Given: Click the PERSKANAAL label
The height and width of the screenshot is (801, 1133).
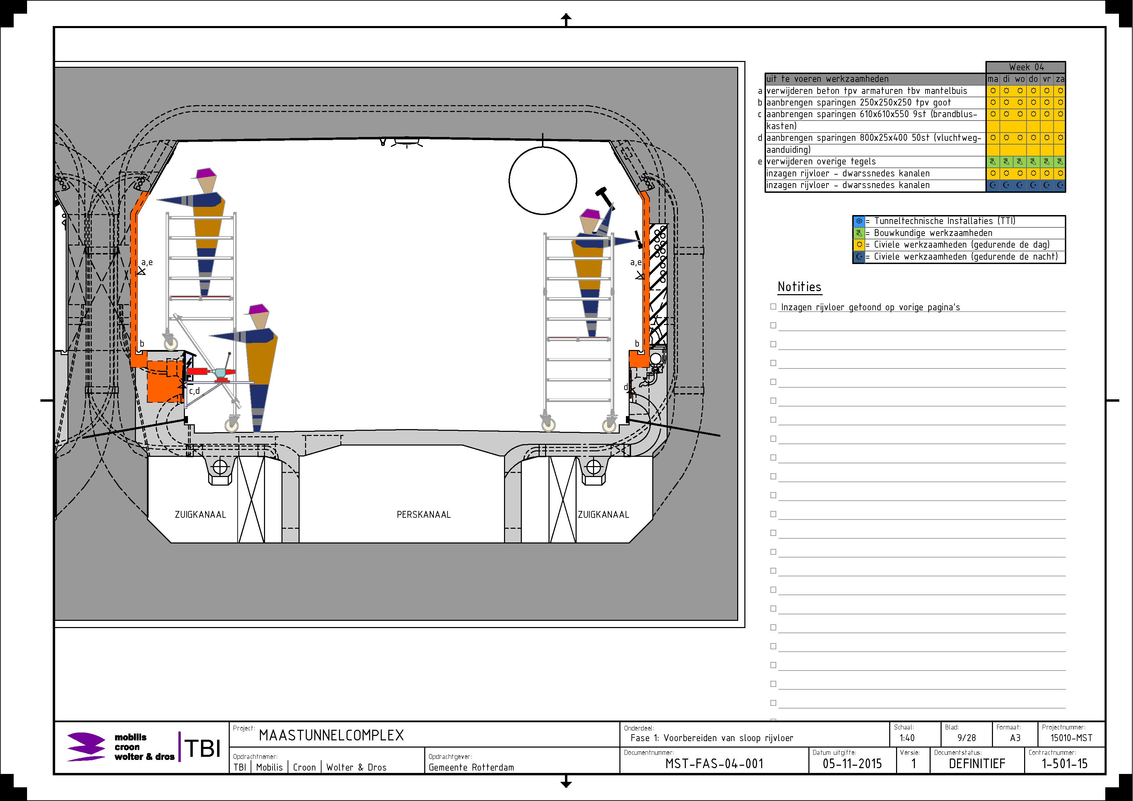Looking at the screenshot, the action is [x=424, y=515].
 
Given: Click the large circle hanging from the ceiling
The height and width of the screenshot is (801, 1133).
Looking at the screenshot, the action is [x=543, y=147].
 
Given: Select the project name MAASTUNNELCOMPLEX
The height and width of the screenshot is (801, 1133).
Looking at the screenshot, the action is [x=331, y=735].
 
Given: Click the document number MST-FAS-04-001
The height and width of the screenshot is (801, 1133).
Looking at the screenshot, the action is [x=714, y=764].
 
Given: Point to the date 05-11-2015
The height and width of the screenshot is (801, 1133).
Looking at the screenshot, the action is [x=852, y=764].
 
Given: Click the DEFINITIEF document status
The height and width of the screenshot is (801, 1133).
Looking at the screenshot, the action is [x=977, y=764].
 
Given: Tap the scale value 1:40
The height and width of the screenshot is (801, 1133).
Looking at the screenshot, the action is [x=907, y=738].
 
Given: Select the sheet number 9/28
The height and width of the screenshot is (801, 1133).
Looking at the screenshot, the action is [x=967, y=738].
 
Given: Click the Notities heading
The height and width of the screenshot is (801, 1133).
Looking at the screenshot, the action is [x=800, y=287].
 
